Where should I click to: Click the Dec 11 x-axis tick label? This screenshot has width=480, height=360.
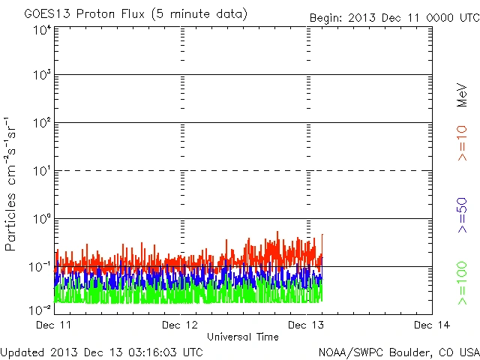53,325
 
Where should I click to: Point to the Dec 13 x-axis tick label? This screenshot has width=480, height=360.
306,325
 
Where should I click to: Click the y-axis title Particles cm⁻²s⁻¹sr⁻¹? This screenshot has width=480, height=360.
11,184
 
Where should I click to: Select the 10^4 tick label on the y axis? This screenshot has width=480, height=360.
41,31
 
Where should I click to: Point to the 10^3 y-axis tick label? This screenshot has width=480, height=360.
41,76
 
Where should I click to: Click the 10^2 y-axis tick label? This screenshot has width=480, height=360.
41,124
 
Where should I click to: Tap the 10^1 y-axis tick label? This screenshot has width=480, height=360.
41,172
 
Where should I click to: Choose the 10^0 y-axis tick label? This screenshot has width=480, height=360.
41,220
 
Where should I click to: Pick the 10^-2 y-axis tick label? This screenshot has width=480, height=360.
40,308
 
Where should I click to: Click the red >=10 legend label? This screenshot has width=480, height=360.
462,143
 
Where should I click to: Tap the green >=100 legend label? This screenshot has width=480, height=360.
462,284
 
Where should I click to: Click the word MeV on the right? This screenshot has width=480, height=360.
462,95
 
